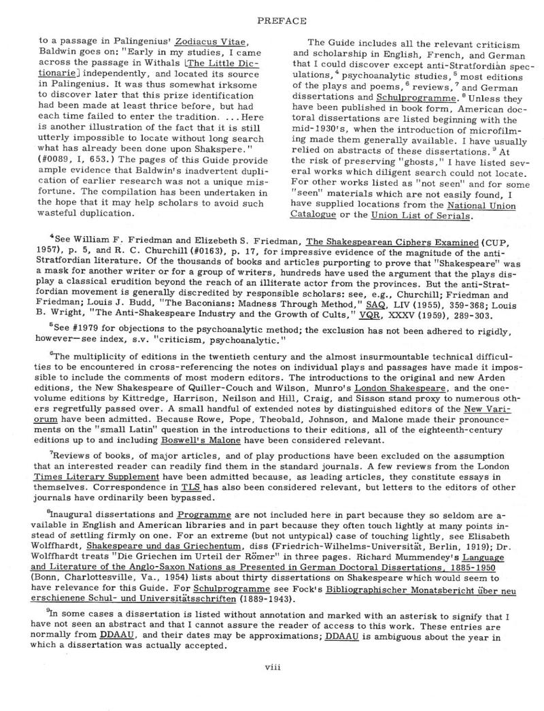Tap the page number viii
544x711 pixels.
(272, 685)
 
